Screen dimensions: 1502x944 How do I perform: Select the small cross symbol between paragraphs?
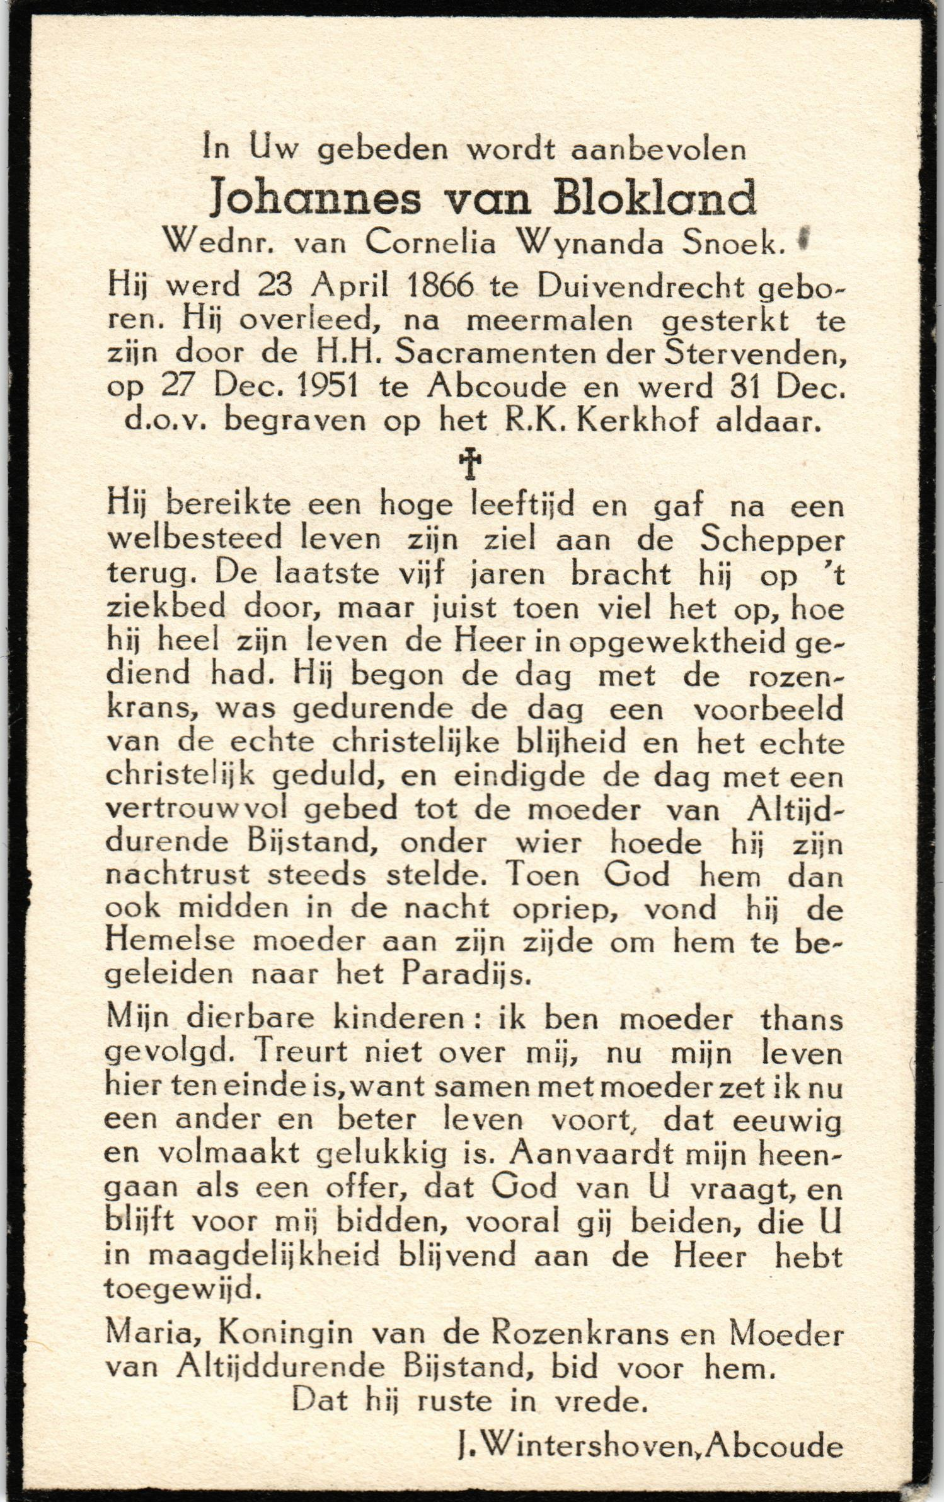tap(469, 465)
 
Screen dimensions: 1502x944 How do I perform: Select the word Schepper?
tap(781, 541)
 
